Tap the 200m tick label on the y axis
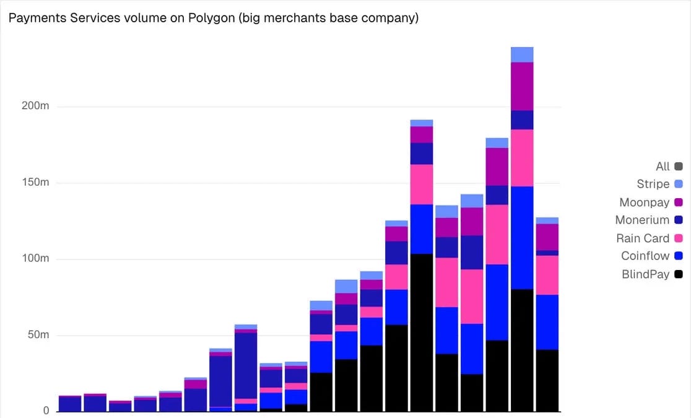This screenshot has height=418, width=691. click(x=35, y=106)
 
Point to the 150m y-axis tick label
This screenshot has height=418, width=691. click(x=35, y=183)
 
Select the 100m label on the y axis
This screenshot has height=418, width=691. click(x=35, y=259)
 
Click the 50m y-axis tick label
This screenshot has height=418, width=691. click(x=38, y=335)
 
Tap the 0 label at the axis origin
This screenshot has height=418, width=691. click(x=46, y=411)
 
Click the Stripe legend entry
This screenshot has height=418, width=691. click(x=653, y=184)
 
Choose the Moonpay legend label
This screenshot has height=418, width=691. click(x=644, y=202)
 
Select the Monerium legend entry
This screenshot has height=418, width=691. click(x=642, y=220)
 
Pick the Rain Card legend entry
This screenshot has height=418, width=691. click(x=643, y=238)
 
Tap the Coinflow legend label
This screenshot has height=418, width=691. click(x=645, y=256)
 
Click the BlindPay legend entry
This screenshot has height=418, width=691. click(x=645, y=274)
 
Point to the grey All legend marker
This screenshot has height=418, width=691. click(x=679, y=167)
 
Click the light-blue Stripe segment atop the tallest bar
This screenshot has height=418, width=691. click(x=522, y=54)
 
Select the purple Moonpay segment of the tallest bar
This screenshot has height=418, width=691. click(x=522, y=86)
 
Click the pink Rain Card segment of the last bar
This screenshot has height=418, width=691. click(x=547, y=275)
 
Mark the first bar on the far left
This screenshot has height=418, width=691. click(x=70, y=404)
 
